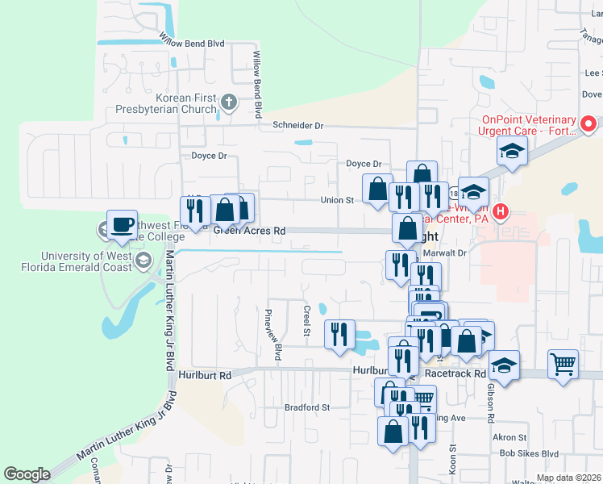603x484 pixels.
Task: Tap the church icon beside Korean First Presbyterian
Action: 229,102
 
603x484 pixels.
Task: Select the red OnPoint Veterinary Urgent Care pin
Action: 588,124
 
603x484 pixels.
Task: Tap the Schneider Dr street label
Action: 297,126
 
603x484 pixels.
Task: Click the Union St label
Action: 337,200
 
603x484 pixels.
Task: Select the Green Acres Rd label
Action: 249,231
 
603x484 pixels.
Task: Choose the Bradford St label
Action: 307,407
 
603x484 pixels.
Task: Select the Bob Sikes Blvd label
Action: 529,453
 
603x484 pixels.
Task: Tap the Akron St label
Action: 509,438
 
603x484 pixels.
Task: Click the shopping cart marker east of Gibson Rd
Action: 563,362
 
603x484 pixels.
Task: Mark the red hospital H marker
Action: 501,213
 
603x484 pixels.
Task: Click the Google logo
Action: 27,474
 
